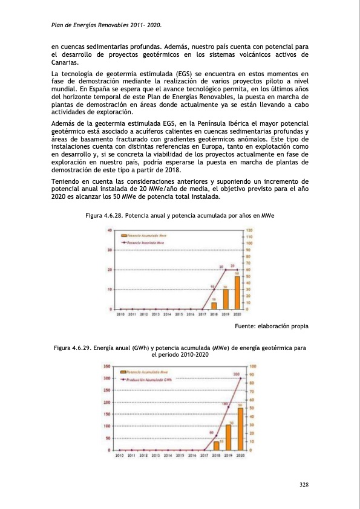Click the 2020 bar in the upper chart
point(237,293)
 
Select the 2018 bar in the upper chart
point(214,305)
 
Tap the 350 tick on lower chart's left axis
point(106,366)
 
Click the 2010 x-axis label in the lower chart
point(120,456)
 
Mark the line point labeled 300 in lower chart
point(240,379)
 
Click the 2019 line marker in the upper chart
point(226,270)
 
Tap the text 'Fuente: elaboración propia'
point(270,326)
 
